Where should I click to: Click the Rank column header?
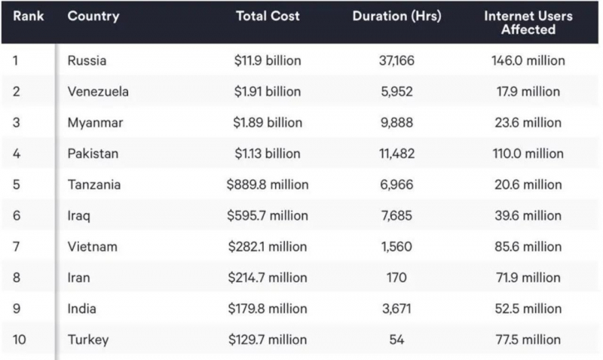[29, 16]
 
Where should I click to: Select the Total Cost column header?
[268, 16]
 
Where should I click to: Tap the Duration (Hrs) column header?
[397, 16]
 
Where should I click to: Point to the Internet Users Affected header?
[528, 23]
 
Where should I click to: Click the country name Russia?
[87, 61]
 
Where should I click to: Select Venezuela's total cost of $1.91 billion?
[268, 91]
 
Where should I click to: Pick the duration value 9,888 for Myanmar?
[397, 123]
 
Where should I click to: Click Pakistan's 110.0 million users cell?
[528, 154]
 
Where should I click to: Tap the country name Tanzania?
[94, 185]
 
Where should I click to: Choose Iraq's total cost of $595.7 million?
[268, 215]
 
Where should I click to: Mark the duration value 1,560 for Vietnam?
[397, 247]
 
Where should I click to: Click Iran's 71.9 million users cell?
[528, 278]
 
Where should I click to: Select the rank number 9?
[17, 309]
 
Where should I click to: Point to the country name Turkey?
[88, 340]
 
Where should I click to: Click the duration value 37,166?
[397, 61]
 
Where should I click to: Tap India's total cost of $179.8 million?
[268, 309]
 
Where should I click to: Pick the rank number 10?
[20, 340]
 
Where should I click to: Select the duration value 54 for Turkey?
[397, 340]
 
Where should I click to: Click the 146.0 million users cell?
[528, 61]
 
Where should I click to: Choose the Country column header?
[93, 16]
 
